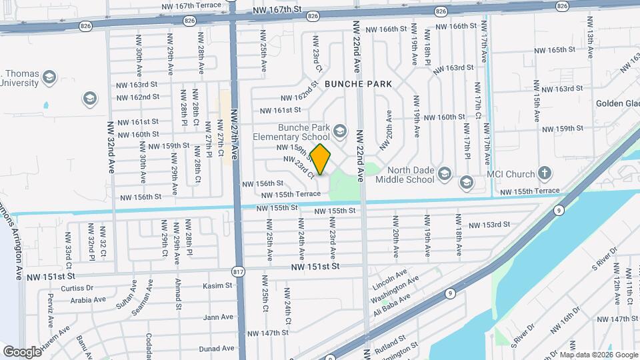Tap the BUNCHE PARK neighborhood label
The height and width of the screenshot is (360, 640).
pos(359,84)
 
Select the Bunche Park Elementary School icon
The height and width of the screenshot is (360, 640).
pos(340,130)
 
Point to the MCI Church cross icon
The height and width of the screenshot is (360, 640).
pos(545,174)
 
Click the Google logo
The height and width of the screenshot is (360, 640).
pos(22,352)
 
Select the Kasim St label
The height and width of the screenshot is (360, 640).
pos(218,285)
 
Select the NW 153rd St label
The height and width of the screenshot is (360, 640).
pos(489,225)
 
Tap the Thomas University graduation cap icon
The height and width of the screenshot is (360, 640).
pos(48,79)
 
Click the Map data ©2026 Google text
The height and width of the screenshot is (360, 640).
pos(598,355)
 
